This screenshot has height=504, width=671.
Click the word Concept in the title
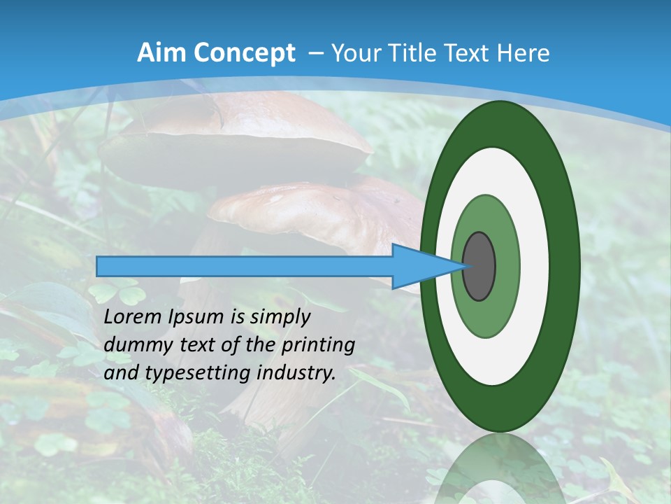(244, 53)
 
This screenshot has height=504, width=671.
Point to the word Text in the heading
(470, 53)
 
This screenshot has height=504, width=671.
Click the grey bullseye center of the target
(479, 266)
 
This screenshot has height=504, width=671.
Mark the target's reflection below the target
(500, 469)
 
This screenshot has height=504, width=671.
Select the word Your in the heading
(354, 53)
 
